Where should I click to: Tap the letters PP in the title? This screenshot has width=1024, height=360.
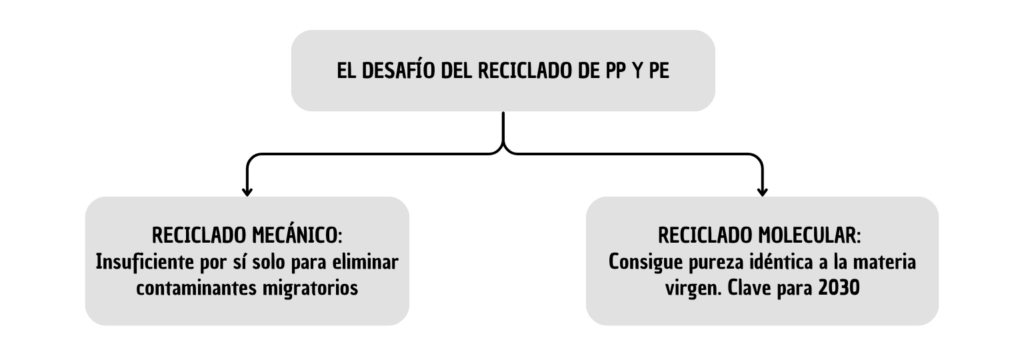616,71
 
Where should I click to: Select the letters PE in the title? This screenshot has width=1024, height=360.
659,71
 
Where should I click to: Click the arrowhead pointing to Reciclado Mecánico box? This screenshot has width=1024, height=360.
247,191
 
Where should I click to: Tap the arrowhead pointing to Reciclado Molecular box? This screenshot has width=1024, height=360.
762,191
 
